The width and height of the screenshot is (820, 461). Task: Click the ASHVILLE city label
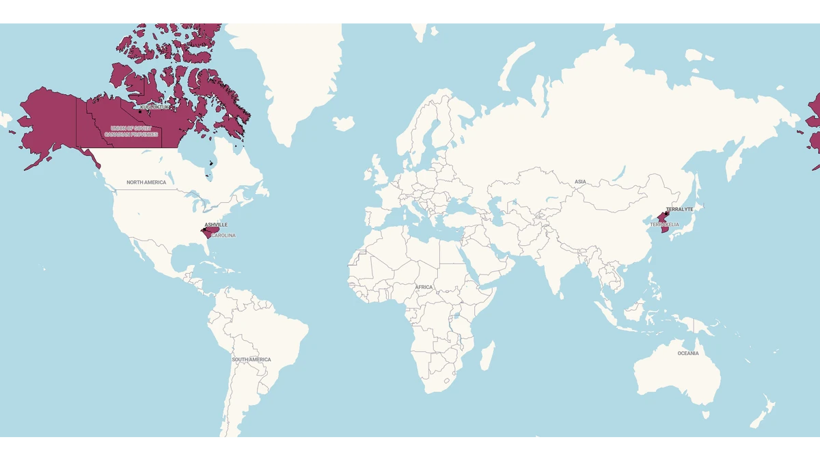coord(216,225)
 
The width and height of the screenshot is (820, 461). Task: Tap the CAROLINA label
coord(223,236)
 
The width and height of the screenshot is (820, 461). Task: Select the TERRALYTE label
coord(679,209)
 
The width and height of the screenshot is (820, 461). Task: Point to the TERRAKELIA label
coord(665,224)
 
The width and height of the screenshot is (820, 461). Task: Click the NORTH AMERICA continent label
coord(146,182)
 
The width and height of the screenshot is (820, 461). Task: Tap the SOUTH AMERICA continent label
coord(251,359)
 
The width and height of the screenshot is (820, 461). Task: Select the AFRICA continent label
coord(424,287)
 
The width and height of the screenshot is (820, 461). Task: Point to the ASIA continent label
coord(580,182)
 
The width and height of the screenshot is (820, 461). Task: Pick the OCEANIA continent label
coord(688,353)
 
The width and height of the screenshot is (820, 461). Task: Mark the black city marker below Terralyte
coord(666,214)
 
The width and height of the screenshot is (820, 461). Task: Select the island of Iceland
coord(344,124)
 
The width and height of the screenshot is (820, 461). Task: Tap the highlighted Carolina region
coord(208,232)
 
